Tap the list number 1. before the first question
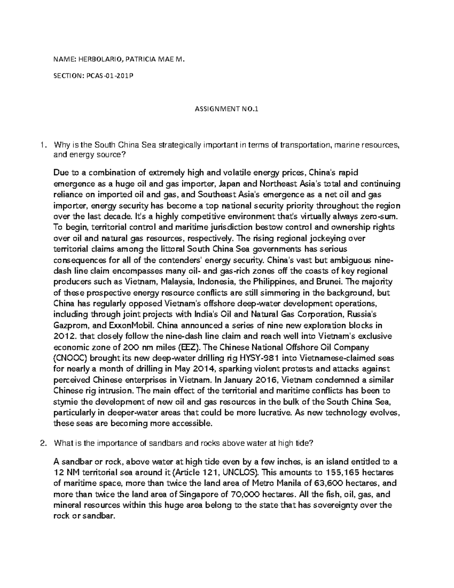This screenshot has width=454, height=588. pos(44,144)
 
